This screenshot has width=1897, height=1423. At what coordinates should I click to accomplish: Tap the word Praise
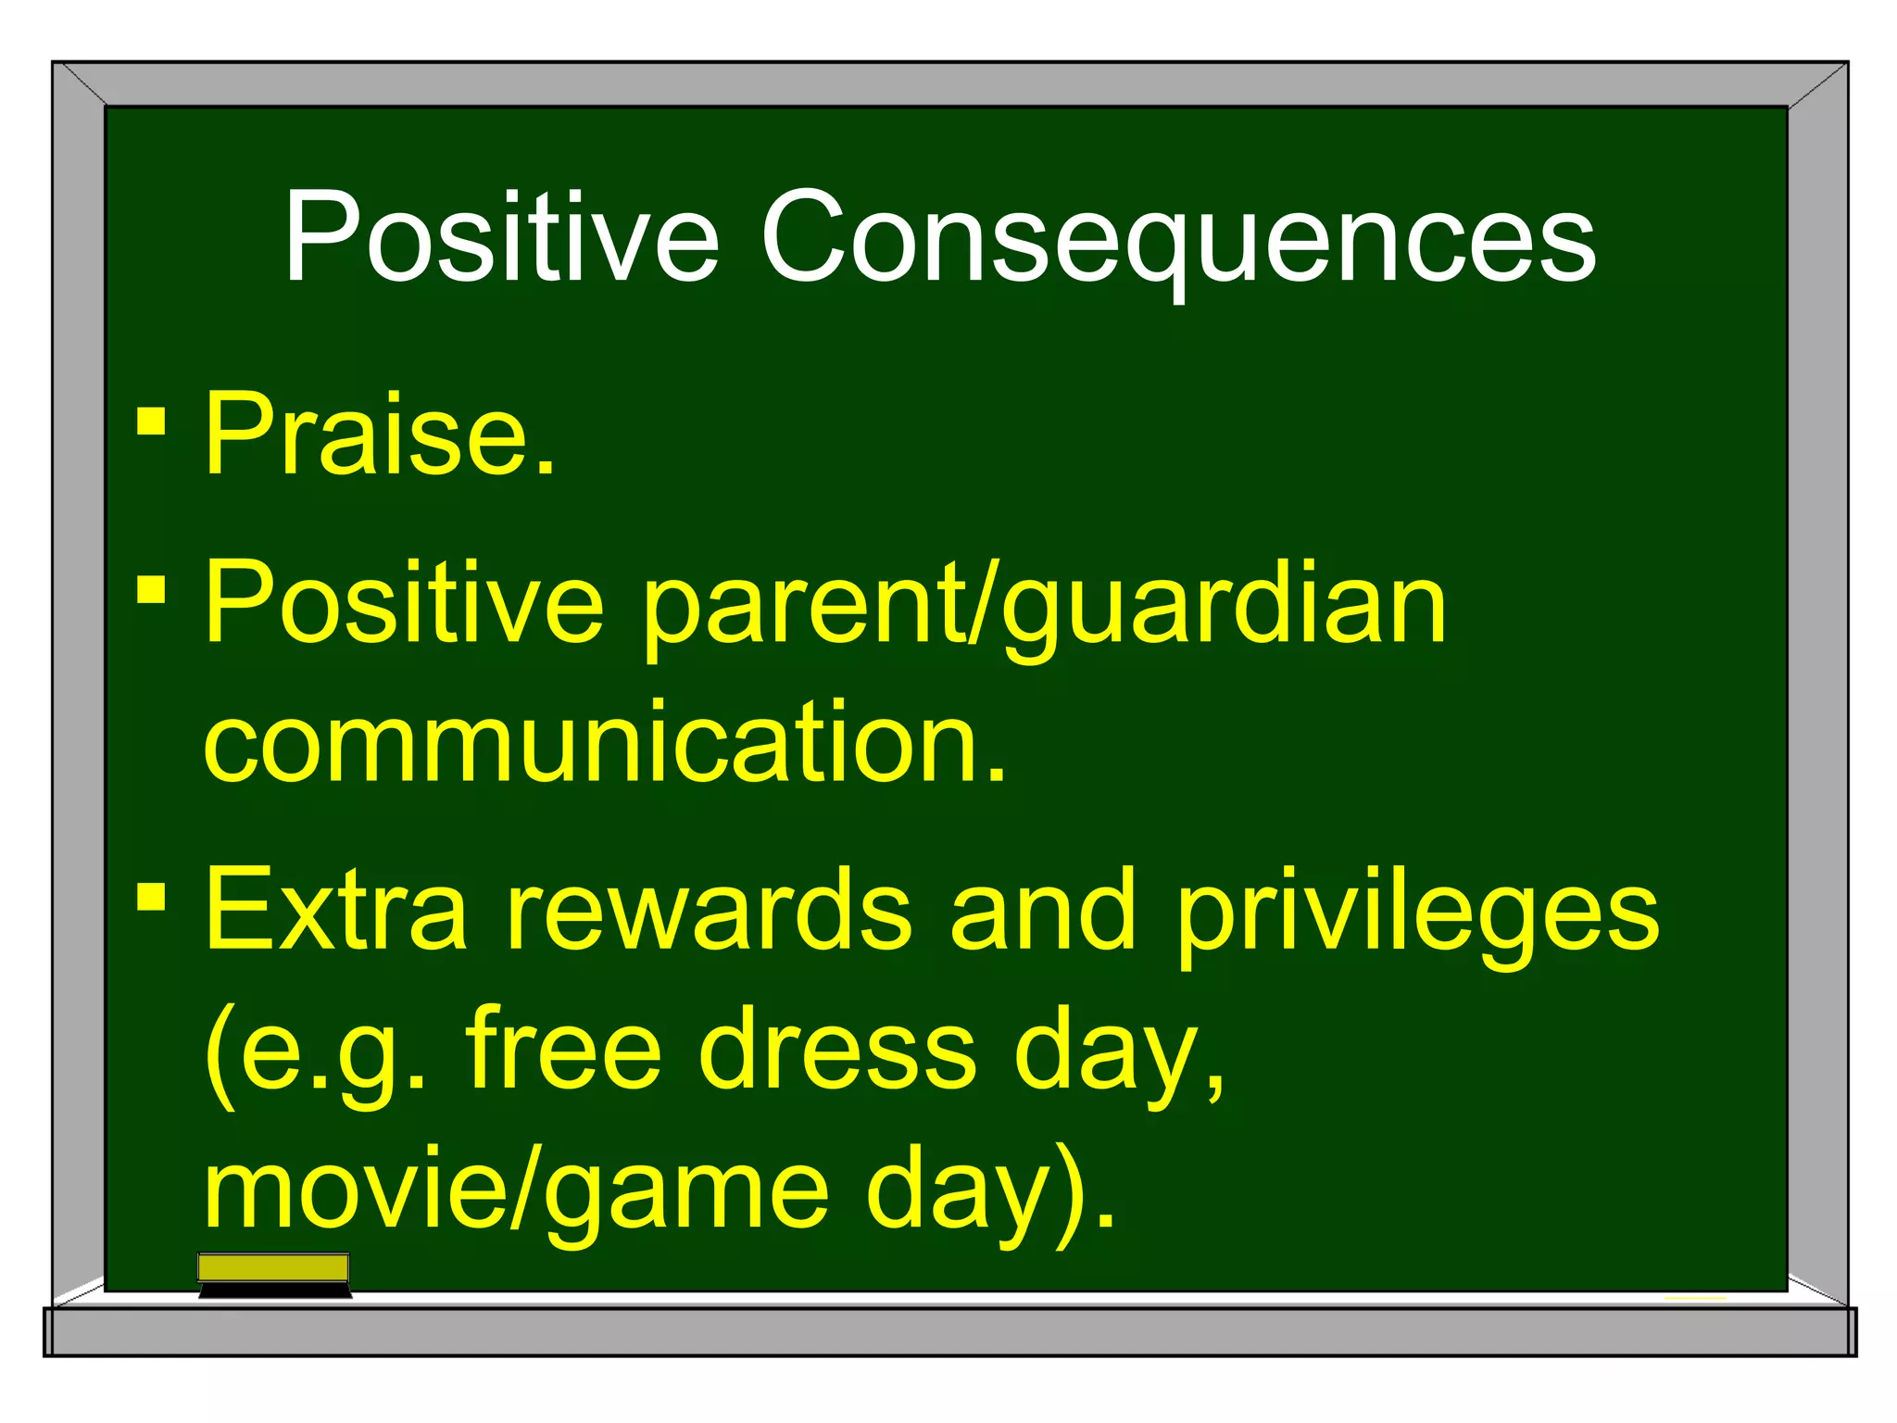[380, 434]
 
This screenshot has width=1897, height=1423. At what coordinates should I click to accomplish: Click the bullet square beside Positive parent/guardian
[151, 589]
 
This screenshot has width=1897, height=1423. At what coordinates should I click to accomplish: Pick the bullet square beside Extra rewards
[151, 895]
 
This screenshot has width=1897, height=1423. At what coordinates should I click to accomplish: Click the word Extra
[335, 910]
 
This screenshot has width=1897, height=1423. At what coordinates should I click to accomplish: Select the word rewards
[710, 910]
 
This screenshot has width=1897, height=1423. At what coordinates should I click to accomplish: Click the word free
[563, 1051]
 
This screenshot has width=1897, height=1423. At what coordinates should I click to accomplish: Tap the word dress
[837, 1051]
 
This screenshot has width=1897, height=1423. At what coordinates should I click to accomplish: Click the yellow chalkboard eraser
[274, 1275]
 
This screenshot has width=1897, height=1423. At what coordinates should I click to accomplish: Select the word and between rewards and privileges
[1043, 910]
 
